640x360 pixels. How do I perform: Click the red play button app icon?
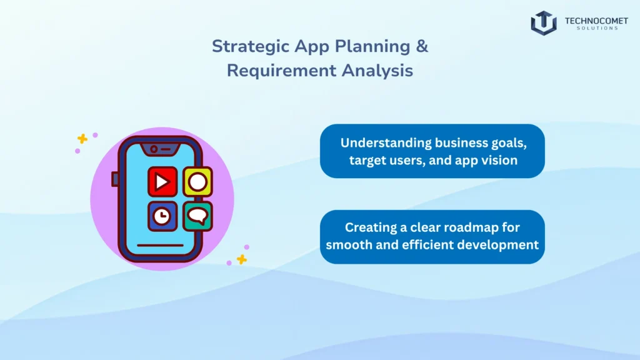pos(162,182)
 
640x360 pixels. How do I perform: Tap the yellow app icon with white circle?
pos(197,182)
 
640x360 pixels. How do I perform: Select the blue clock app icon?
pos(162,216)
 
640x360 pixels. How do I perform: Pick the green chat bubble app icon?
pos(197,216)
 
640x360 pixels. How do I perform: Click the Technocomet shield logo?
pos(544,23)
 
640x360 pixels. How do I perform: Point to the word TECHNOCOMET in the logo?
pos(596,20)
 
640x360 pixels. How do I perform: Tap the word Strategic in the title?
pos(243,46)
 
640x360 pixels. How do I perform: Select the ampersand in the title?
pos(422,46)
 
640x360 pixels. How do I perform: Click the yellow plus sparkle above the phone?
pos(82,139)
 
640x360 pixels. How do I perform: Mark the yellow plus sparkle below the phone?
pos(241,259)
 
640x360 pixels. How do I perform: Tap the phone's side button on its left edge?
pos(115,179)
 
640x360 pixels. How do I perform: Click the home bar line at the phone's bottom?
pos(161,245)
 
